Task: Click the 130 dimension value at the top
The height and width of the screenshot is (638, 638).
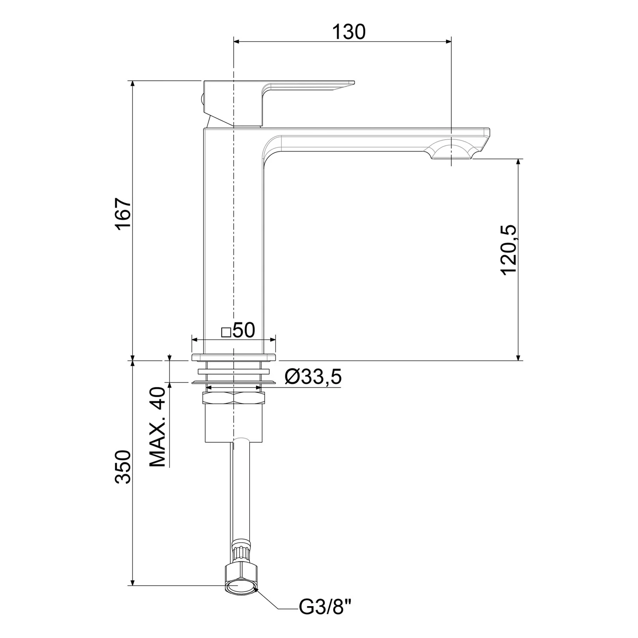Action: tap(348, 31)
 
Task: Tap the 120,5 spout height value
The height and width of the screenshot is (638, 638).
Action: tap(509, 251)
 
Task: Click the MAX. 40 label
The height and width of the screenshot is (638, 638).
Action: tap(158, 427)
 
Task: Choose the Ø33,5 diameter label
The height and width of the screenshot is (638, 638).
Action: tap(313, 376)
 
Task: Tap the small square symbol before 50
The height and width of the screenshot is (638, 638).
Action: tap(226, 332)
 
